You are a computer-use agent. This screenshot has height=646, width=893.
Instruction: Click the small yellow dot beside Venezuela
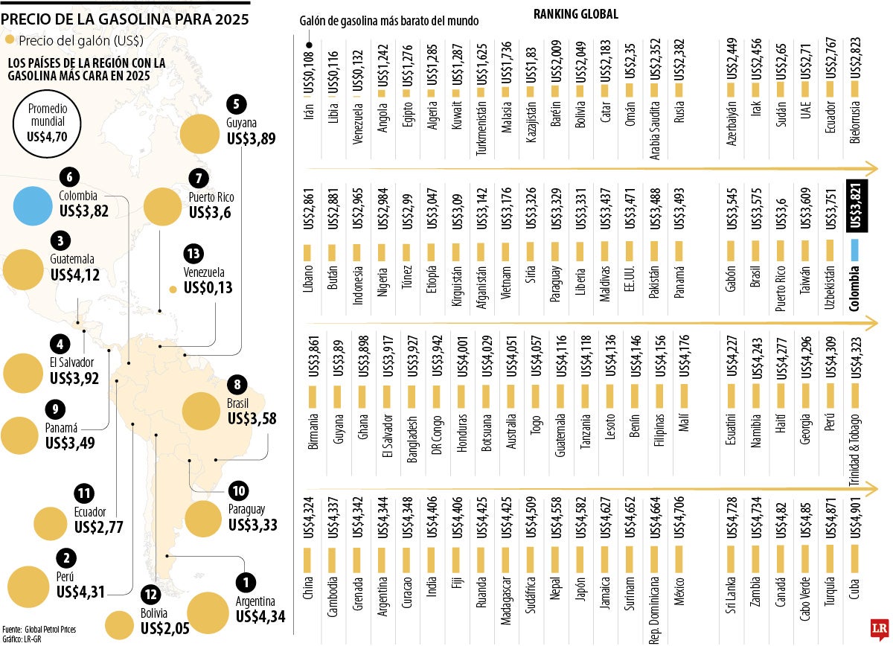pos(173,290)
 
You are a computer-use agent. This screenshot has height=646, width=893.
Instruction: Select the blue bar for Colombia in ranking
pos(856,249)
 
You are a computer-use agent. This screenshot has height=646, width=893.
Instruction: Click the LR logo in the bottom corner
pos(877,630)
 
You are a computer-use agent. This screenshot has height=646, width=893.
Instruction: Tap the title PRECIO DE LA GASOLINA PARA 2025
pos(124,13)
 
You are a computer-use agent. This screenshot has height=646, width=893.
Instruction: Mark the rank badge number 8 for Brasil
pos(237,385)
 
